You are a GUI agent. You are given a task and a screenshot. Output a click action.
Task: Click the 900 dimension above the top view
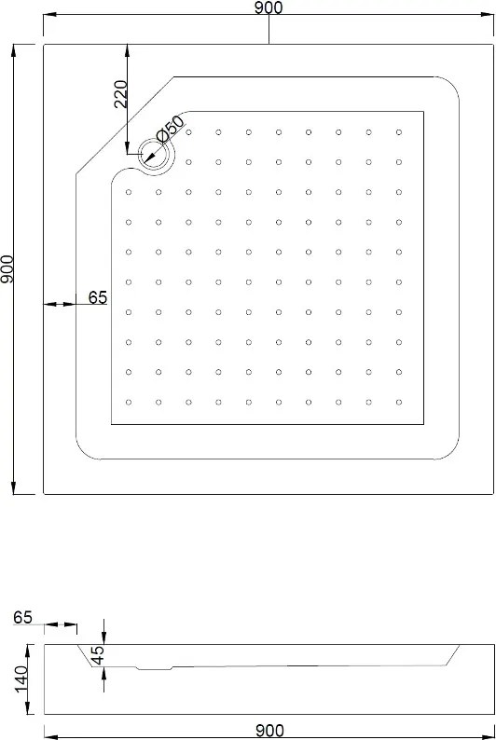(269, 7)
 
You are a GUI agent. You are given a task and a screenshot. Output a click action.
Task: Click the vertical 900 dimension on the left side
(7, 269)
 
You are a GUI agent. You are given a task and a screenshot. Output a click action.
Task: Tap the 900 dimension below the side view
(269, 731)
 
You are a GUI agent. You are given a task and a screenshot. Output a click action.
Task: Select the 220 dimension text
(121, 94)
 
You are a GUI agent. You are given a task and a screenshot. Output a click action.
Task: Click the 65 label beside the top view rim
(98, 297)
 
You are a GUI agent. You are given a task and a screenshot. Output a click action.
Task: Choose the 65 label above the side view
(22, 617)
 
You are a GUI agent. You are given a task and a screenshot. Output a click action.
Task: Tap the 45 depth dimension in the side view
(97, 655)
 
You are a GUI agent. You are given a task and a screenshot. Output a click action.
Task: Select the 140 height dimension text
(21, 679)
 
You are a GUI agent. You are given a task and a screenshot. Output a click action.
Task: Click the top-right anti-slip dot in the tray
(399, 132)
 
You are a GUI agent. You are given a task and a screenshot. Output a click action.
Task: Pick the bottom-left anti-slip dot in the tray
(129, 402)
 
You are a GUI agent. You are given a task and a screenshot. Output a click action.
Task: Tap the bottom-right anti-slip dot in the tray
(399, 402)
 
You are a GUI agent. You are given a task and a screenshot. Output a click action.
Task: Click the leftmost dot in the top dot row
(188, 132)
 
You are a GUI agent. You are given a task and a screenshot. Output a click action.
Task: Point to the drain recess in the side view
(155, 667)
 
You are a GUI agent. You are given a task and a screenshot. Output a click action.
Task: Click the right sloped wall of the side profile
(452, 655)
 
